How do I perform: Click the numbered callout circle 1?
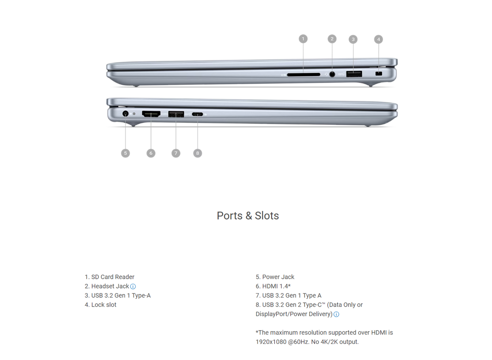pyautogui.click(x=303, y=39)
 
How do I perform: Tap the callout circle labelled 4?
pyautogui.click(x=378, y=39)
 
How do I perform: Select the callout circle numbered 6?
pyautogui.click(x=151, y=153)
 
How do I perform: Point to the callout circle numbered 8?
pyautogui.click(x=198, y=153)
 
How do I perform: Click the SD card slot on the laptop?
pyautogui.click(x=304, y=75)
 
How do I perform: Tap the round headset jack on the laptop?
pyautogui.click(x=332, y=74)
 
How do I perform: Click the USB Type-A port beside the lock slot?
pyautogui.click(x=354, y=74)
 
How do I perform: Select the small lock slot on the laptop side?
pyautogui.click(x=379, y=74)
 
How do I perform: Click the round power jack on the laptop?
pyautogui.click(x=125, y=114)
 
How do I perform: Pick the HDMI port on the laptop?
pyautogui.click(x=151, y=114)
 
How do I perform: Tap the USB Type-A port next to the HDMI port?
pyautogui.click(x=176, y=114)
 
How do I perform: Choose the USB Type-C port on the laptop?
pyautogui.click(x=197, y=114)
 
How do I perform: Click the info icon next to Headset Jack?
pyautogui.click(x=133, y=287)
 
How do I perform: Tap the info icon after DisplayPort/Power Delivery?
pyautogui.click(x=336, y=314)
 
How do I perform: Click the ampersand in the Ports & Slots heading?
pyautogui.click(x=249, y=216)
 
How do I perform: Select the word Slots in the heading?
pyautogui.click(x=267, y=216)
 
